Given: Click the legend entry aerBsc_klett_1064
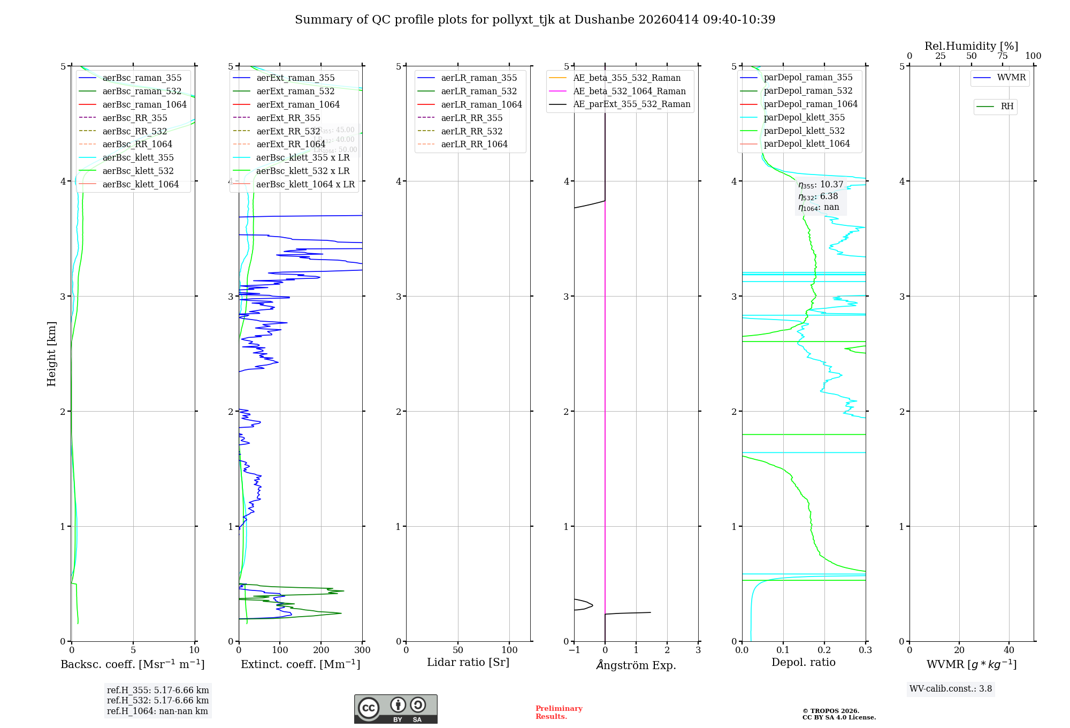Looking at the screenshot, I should coord(140,184).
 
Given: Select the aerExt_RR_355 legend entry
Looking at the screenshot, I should coord(288,118).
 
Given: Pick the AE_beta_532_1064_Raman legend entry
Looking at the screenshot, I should coord(629,91).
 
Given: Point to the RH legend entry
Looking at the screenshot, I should coord(1007,107).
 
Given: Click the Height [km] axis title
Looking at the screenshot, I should coord(51,353).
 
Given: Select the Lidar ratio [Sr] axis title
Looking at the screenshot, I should coord(468,662).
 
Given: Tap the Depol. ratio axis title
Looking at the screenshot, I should coord(803,662).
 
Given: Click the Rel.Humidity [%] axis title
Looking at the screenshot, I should coord(971,46).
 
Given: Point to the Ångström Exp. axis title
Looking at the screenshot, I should coord(636,665).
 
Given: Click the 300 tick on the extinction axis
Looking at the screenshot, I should coord(362,650).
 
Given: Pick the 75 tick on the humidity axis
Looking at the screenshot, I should coord(1003,56).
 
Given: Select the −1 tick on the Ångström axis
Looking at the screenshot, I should coord(574,650).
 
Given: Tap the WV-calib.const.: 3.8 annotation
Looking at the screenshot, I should coord(951,688).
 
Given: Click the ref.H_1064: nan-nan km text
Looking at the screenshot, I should coord(157,711).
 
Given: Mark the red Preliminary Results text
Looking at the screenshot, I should coord(559,712).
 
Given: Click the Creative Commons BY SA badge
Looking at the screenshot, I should coord(395,709).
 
